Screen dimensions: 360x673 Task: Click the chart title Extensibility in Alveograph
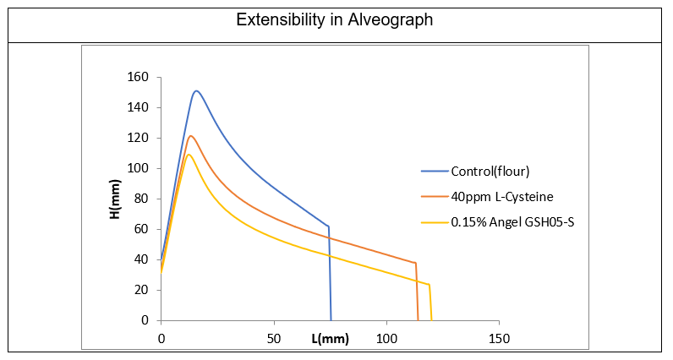point(336,20)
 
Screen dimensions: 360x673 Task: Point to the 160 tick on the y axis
point(139,78)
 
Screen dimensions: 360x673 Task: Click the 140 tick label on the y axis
point(139,108)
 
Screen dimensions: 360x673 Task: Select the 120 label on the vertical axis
point(139,139)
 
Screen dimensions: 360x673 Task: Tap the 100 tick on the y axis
point(139,169)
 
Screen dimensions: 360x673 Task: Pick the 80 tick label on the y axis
point(142,199)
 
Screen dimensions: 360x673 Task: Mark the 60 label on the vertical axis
point(142,230)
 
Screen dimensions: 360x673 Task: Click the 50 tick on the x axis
point(274,338)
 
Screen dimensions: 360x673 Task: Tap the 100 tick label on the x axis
point(386,338)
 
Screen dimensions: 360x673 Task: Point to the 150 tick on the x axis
point(499,338)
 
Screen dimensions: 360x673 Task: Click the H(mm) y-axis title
point(116,199)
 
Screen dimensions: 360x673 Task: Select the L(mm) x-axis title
point(330,339)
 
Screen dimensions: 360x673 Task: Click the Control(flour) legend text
point(490,172)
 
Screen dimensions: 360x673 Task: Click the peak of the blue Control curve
point(196,90)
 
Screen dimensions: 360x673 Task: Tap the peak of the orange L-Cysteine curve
point(191,136)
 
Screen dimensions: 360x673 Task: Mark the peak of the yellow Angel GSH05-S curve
point(189,154)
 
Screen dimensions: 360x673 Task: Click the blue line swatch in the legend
point(435,172)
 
